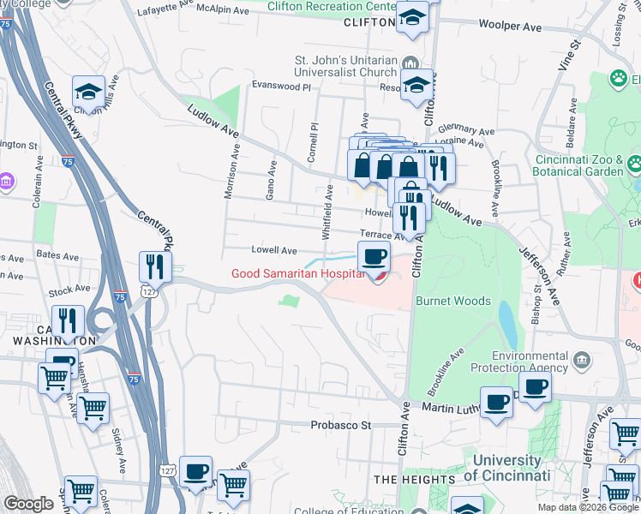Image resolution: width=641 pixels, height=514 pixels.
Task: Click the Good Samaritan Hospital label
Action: pyautogui.click(x=293, y=274)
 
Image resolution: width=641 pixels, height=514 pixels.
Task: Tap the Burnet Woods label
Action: pyautogui.click(x=452, y=302)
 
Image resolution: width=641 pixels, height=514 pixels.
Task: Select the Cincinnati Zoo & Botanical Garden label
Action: pyautogui.click(x=578, y=165)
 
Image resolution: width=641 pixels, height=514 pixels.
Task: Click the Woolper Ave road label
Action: pyautogui.click(x=510, y=27)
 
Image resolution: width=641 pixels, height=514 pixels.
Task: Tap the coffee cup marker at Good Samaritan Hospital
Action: pyautogui.click(x=373, y=256)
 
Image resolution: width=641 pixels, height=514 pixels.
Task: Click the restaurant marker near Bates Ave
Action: pyautogui.click(x=155, y=267)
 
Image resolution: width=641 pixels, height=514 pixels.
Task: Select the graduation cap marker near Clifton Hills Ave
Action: pyautogui.click(x=88, y=92)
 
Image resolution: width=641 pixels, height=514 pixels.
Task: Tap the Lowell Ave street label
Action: pyautogui.click(x=273, y=251)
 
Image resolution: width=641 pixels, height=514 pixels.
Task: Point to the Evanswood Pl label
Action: pyautogui.click(x=280, y=86)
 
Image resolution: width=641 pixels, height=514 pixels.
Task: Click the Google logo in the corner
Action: pyautogui.click(x=28, y=504)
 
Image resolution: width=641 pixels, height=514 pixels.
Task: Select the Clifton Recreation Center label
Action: pyautogui.click(x=332, y=7)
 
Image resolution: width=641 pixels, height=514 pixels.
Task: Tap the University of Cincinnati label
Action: pyautogui.click(x=507, y=468)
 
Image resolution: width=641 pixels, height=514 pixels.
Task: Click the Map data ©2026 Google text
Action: pyautogui.click(x=587, y=507)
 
